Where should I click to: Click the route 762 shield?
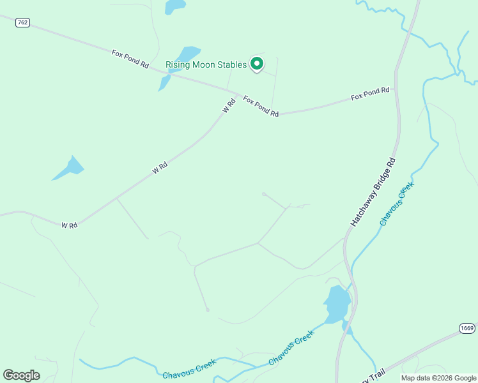click(22, 22)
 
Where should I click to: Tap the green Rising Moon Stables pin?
click(256, 63)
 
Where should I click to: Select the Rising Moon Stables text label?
click(206, 64)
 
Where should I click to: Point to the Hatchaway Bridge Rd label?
click(374, 193)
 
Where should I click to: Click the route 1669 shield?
click(467, 328)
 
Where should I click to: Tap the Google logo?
click(22, 375)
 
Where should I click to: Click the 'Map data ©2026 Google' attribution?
click(438, 378)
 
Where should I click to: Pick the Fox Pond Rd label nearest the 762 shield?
click(130, 59)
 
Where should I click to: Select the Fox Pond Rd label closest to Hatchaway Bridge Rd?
click(370, 94)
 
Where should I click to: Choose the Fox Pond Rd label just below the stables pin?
click(261, 106)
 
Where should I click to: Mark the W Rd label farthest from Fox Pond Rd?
click(69, 225)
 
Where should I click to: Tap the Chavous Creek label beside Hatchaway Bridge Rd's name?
click(397, 204)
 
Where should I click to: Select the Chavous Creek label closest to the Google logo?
click(189, 370)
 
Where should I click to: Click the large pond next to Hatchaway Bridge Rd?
click(337, 303)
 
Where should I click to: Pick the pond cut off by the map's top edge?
click(174, 6)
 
